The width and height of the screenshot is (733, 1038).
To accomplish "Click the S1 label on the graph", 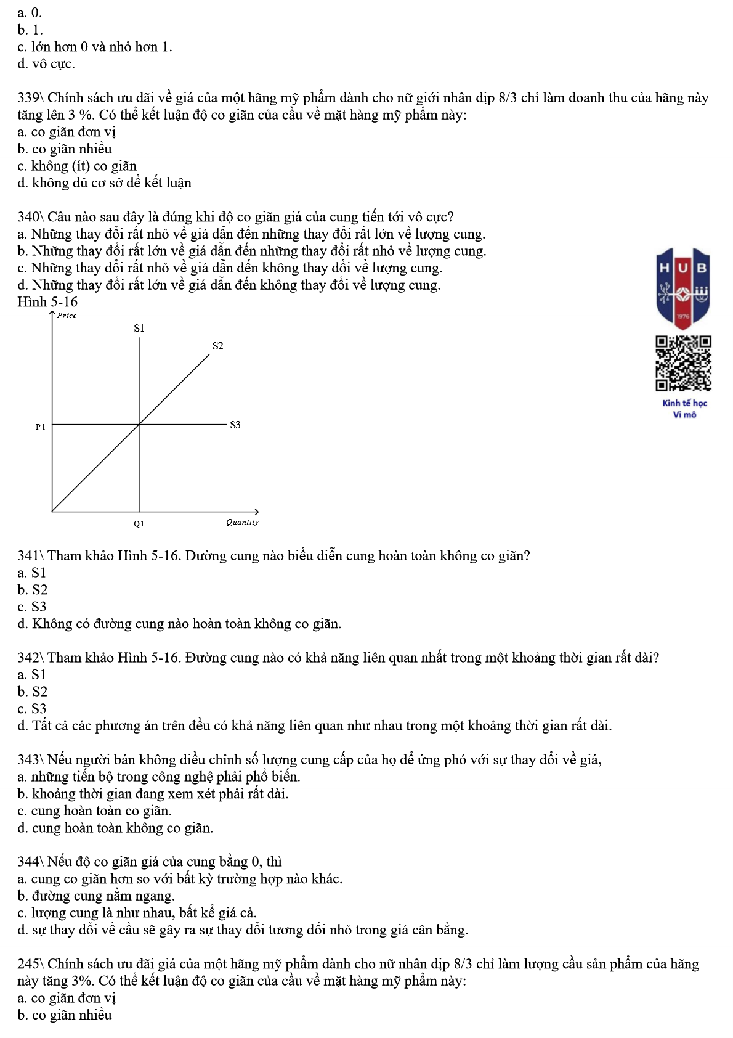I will pyautogui.click(x=139, y=328).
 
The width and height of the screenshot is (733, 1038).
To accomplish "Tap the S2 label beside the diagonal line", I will pyautogui.click(x=217, y=346).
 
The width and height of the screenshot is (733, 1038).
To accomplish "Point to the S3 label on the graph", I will pyautogui.click(x=235, y=425).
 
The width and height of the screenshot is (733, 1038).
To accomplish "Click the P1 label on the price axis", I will pyautogui.click(x=40, y=427).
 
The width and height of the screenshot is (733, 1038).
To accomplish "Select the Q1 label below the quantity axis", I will pyautogui.click(x=139, y=523).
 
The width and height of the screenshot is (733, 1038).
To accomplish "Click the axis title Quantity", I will pyautogui.click(x=242, y=522).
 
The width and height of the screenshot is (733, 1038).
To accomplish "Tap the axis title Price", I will pyautogui.click(x=67, y=316).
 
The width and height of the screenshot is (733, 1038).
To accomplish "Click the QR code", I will pyautogui.click(x=684, y=363).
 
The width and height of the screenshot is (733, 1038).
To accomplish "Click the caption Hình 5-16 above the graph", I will pyautogui.click(x=47, y=302).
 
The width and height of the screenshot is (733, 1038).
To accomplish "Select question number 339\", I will pyautogui.click(x=30, y=98).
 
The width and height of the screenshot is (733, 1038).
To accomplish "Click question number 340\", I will pyautogui.click(x=30, y=217).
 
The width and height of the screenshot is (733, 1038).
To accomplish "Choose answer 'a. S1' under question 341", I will pyautogui.click(x=32, y=573).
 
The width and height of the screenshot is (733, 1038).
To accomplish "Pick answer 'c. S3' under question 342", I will pyautogui.click(x=32, y=709).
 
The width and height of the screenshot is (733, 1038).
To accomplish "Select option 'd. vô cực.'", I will pyautogui.click(x=46, y=64).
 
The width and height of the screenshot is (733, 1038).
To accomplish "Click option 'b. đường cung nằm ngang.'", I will pyautogui.click(x=96, y=896).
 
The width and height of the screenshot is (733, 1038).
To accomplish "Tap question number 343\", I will pyautogui.click(x=30, y=760).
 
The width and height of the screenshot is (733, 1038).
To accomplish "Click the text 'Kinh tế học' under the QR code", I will pyautogui.click(x=684, y=403).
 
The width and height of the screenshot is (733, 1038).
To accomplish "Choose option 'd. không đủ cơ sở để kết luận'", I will pyautogui.click(x=105, y=183).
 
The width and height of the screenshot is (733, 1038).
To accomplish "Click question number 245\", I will pyautogui.click(x=30, y=964).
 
